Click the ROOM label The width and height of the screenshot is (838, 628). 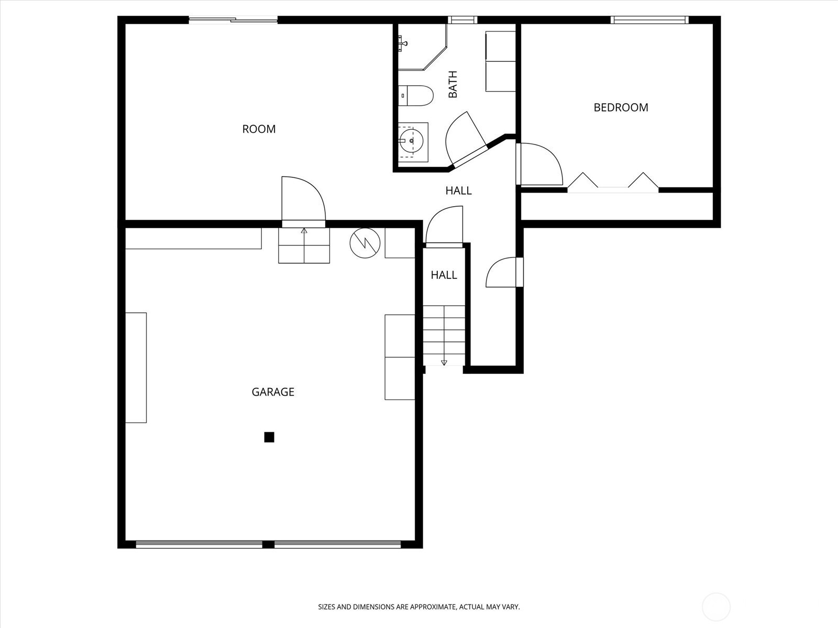[x=259, y=129]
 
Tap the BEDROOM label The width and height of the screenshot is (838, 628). [x=621, y=107]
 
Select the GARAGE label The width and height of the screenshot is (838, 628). [x=273, y=392]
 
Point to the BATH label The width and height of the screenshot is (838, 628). [x=453, y=84]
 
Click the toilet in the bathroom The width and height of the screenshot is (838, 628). [x=416, y=95]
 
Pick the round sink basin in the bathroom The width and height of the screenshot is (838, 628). [x=412, y=141]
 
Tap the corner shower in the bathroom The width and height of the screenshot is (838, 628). [x=422, y=47]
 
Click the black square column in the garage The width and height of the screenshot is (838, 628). [x=269, y=437]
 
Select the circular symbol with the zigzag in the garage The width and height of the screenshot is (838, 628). [x=365, y=243]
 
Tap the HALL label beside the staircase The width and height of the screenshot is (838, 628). [x=444, y=275]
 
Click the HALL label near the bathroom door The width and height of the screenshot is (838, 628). [x=458, y=190]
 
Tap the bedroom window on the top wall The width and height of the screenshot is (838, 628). [x=649, y=20]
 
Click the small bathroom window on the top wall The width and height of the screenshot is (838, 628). [x=462, y=20]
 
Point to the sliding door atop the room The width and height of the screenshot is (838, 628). [x=233, y=20]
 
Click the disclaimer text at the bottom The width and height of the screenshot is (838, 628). [x=419, y=607]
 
